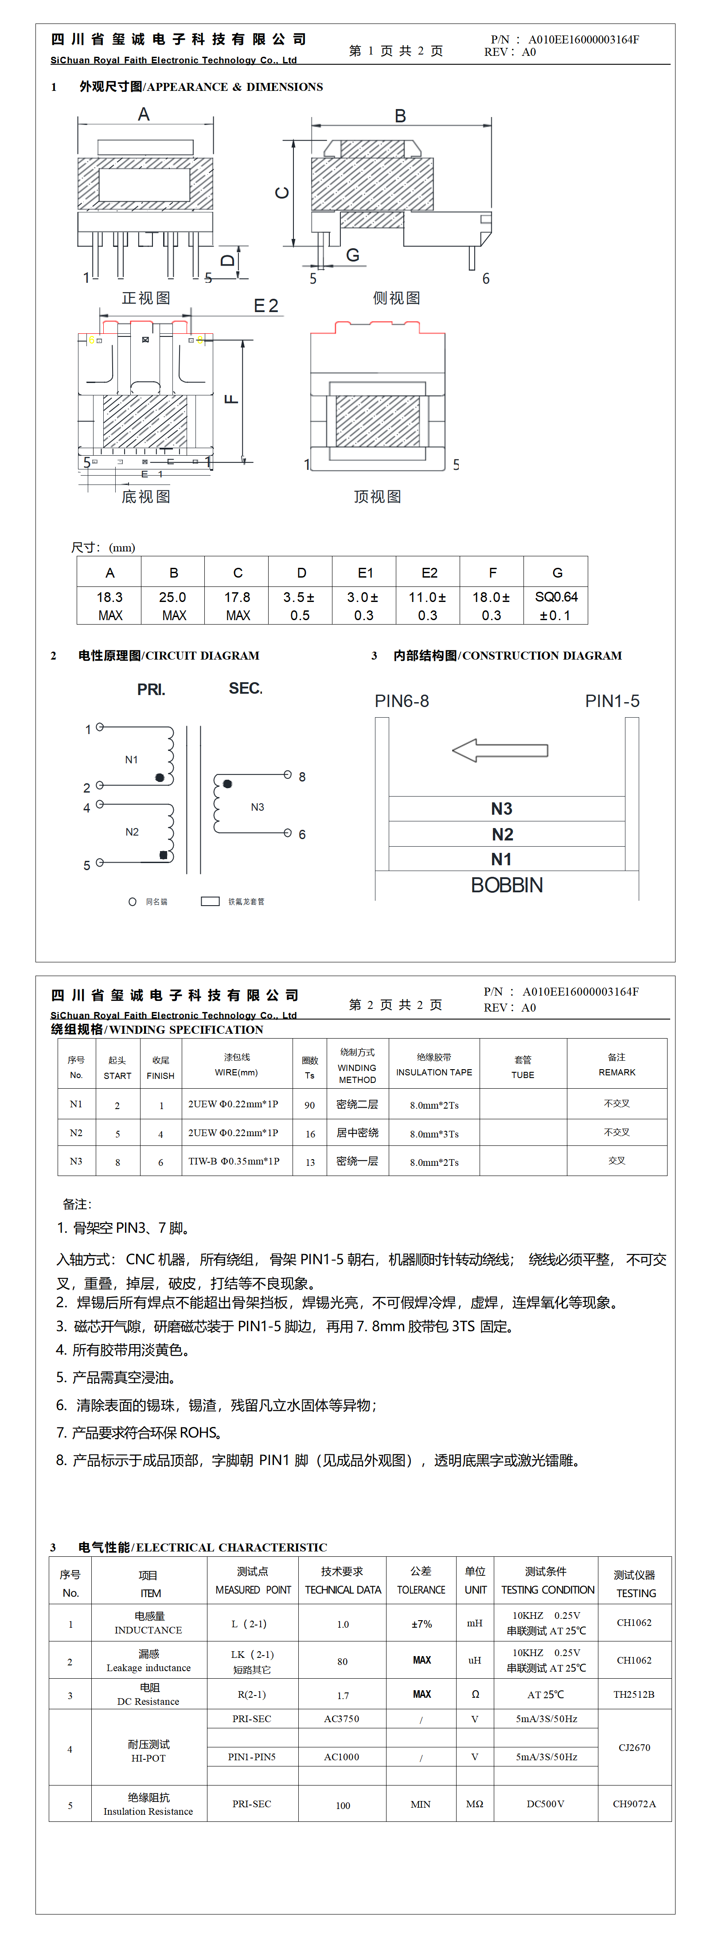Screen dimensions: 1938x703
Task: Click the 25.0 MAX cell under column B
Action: click(x=173, y=605)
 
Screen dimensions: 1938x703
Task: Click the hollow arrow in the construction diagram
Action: click(x=500, y=750)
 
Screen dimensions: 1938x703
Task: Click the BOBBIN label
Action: click(x=507, y=885)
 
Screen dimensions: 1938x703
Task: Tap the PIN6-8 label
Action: click(x=402, y=701)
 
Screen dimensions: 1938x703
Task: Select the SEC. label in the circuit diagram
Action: click(x=246, y=688)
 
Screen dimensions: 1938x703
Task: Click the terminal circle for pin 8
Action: click(x=288, y=774)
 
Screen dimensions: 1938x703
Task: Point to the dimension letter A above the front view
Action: click(x=144, y=114)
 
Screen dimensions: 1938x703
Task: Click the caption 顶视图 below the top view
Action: click(x=377, y=496)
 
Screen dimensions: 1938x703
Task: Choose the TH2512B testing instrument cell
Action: click(x=634, y=1694)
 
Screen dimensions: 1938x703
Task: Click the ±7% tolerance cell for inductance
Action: click(x=422, y=1624)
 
